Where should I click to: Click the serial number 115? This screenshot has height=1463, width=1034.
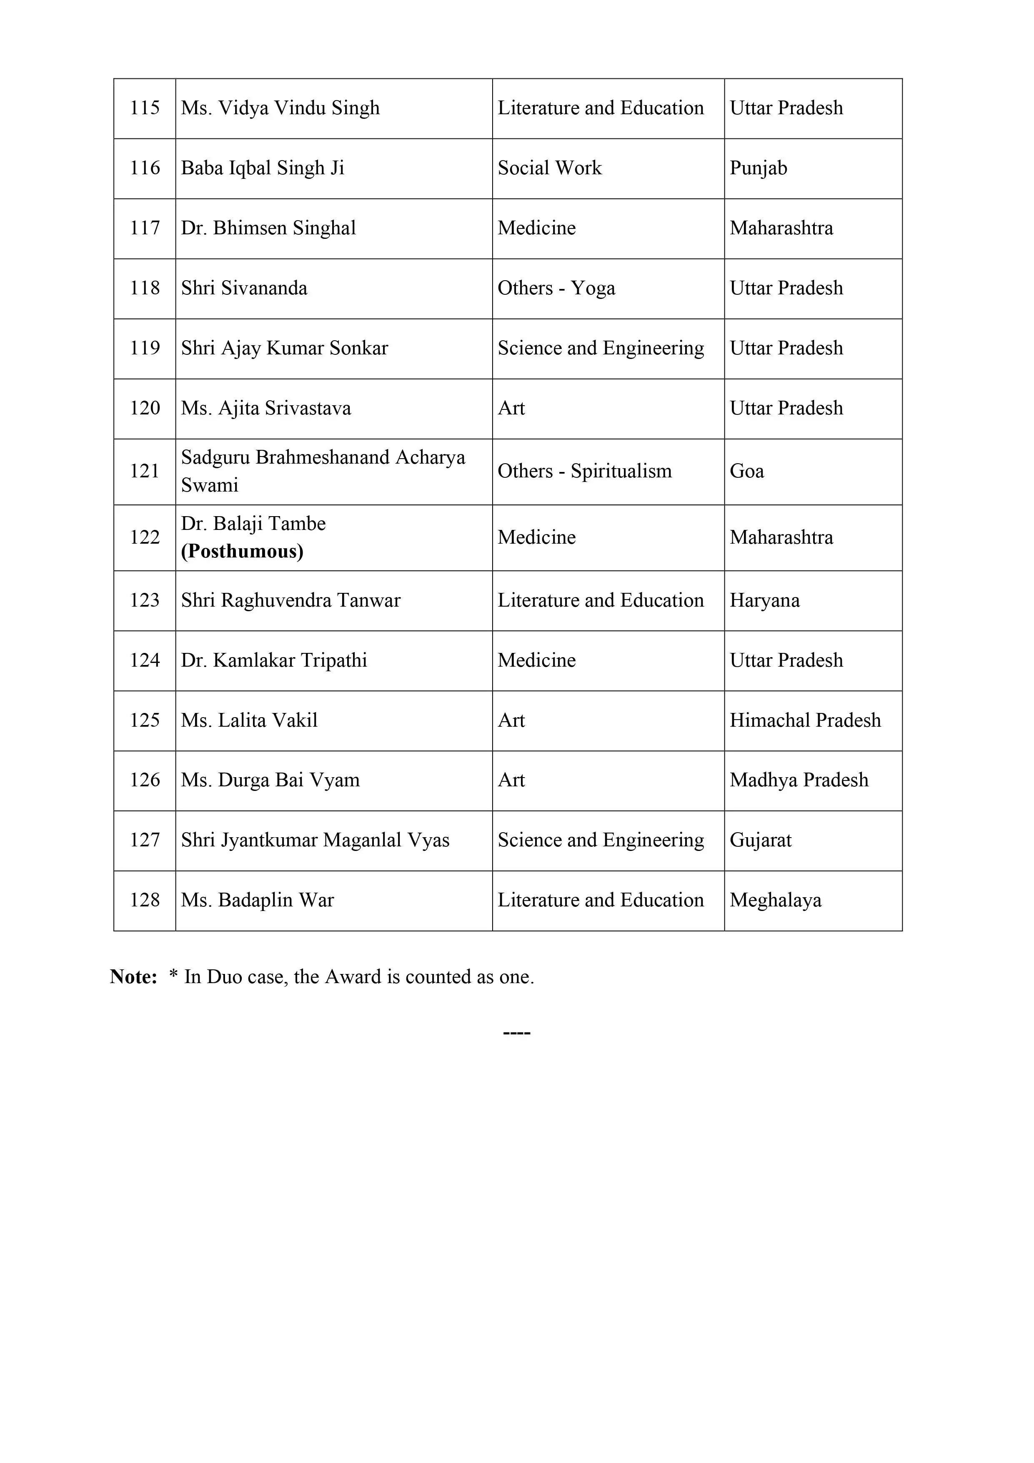(145, 108)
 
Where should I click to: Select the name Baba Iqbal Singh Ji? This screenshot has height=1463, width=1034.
(263, 168)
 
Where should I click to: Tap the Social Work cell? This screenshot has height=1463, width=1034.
(549, 168)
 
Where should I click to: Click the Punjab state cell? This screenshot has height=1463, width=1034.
(758, 168)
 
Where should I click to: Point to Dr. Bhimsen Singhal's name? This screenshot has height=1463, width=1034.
(268, 228)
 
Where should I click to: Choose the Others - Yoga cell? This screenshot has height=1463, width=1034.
(556, 288)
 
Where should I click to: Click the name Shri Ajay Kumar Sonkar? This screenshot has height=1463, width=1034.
(284, 348)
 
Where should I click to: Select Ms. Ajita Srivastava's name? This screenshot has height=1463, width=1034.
(265, 408)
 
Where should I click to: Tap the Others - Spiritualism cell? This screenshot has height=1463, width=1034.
(584, 472)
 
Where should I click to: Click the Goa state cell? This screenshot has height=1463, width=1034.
(747, 472)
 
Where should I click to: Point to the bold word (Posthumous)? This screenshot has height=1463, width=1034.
(242, 551)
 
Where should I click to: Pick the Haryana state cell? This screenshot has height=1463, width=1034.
(764, 600)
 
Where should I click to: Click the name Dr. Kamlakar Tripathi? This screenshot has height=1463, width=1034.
(274, 660)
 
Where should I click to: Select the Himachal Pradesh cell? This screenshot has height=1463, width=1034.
(805, 720)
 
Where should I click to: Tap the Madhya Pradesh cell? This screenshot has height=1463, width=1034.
(799, 780)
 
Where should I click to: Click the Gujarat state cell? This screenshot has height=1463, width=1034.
(761, 840)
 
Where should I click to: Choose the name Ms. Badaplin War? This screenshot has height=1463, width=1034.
(258, 900)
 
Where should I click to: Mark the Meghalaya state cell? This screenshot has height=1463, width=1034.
(775, 900)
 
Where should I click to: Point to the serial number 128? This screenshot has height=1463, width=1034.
(145, 900)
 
